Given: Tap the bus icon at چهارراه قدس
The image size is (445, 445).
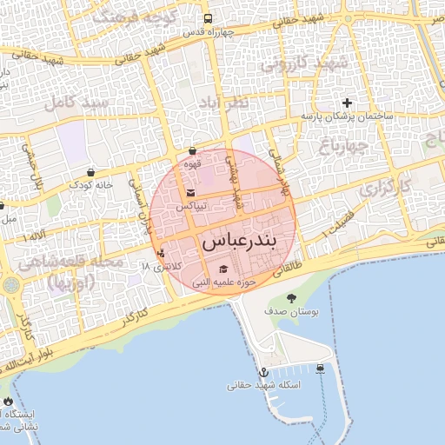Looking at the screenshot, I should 208,18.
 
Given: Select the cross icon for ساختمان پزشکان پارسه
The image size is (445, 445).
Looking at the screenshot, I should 348,103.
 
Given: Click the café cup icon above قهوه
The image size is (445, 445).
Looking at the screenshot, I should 191,150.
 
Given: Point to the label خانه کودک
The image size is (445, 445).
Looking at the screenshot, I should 93,185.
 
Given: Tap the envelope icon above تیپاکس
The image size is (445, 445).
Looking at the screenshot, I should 191,194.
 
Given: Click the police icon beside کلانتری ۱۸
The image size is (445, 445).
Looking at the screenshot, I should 160,254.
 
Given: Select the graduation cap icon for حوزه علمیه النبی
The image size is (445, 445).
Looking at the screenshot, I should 222,269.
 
